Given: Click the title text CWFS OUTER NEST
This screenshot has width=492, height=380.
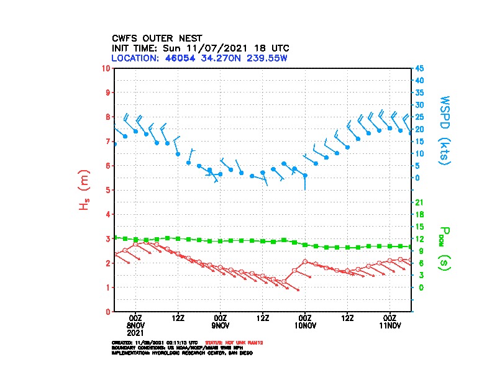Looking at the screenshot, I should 157,38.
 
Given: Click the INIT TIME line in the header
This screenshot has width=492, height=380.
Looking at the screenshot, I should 200,48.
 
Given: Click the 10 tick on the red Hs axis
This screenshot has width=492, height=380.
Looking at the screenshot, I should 107,68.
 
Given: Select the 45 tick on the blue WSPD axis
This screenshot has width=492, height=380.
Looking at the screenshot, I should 420,68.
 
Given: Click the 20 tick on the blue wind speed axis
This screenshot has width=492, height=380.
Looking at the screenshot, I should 420,129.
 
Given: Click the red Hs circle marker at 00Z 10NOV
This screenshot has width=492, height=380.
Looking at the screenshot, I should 305,262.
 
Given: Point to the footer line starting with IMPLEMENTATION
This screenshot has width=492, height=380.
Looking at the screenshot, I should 181,352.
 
